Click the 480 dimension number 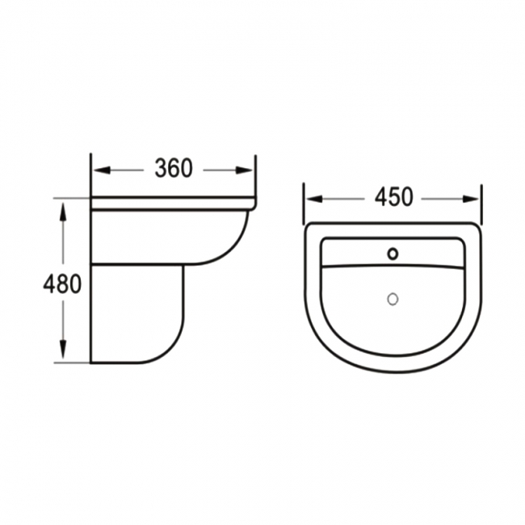click(64, 284)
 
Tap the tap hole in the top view click(393, 254)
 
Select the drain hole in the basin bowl click(393, 299)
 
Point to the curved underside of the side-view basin click(230, 250)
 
